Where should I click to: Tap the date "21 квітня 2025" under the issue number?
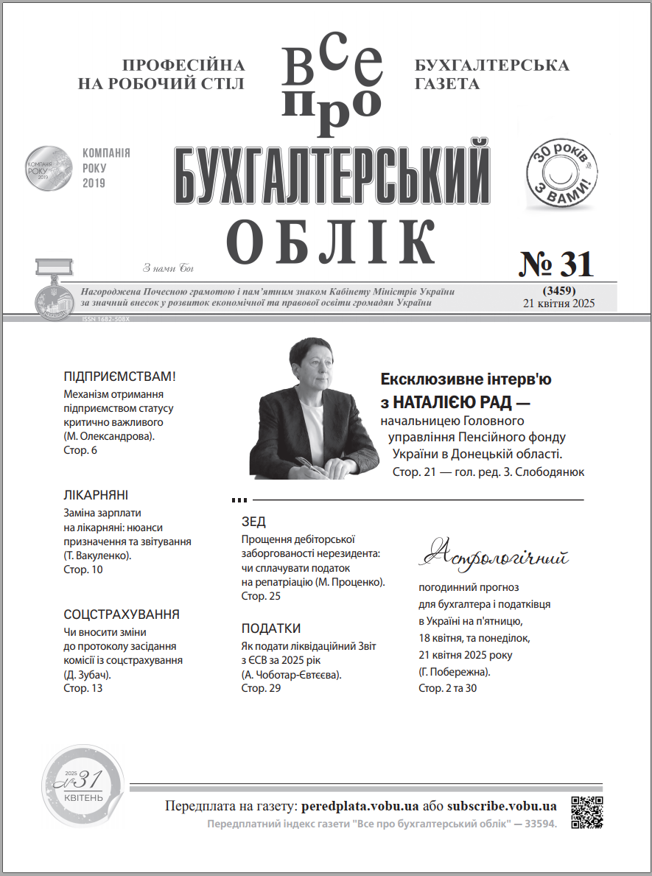(558, 303)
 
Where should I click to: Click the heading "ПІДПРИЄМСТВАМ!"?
(121, 377)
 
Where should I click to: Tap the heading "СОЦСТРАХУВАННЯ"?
(122, 614)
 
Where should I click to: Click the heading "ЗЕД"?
(253, 522)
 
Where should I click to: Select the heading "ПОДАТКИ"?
(271, 628)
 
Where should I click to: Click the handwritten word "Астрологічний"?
(497, 554)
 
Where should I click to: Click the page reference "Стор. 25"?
(261, 596)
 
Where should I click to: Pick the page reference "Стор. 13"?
(83, 688)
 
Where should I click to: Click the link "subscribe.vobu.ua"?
(501, 805)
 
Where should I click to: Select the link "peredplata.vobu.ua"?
(360, 805)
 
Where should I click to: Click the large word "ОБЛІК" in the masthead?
(331, 240)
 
